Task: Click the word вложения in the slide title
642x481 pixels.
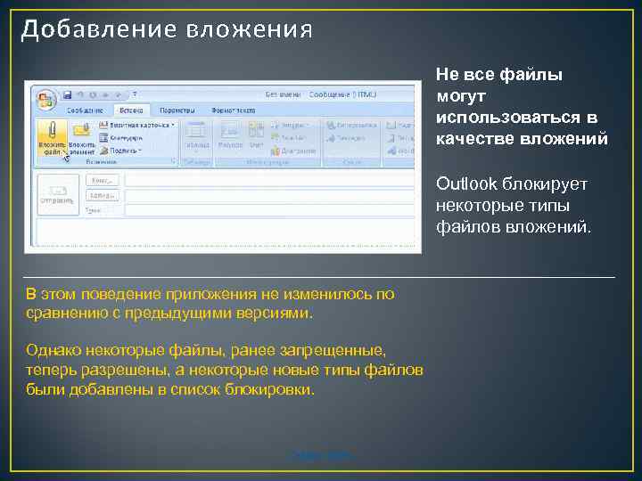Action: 250,29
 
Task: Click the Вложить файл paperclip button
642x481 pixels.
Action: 52,137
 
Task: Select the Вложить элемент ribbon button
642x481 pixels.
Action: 81,137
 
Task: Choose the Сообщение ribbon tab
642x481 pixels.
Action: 86,110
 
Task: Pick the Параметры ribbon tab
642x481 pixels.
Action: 177,110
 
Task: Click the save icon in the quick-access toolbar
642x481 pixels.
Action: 67,94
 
